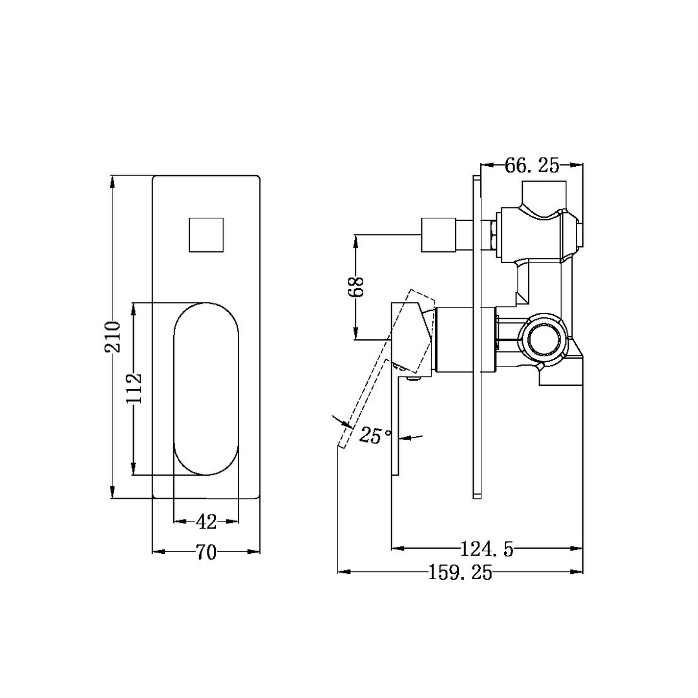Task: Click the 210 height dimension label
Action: (112, 336)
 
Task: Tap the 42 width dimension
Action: (206, 521)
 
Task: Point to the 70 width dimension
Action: (206, 552)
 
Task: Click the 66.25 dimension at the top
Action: (531, 165)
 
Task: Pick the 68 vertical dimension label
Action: (356, 287)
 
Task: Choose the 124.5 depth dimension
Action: (487, 549)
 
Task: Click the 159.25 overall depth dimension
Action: (460, 572)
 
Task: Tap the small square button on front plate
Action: (206, 235)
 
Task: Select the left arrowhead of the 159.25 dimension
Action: (343, 572)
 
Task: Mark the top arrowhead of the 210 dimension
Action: (112, 180)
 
